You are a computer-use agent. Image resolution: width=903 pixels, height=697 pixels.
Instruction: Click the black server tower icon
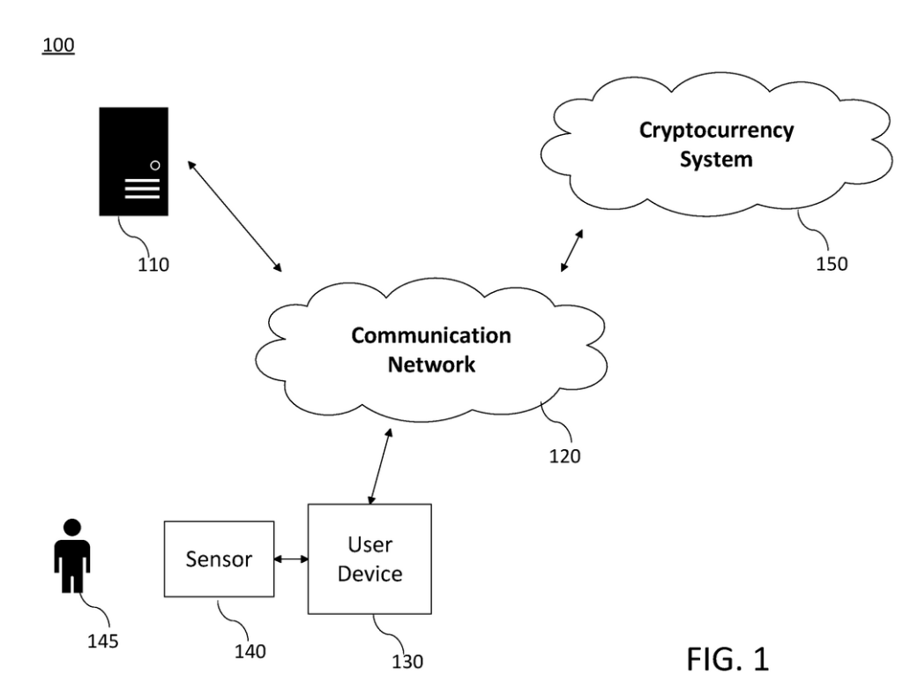point(133,161)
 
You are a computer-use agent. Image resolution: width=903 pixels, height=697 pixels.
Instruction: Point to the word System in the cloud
point(715,160)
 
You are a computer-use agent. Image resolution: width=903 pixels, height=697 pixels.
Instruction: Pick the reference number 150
point(831,264)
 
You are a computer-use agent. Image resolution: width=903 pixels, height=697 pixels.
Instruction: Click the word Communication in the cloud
point(430,336)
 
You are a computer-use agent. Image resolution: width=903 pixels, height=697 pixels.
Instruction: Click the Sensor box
point(219,558)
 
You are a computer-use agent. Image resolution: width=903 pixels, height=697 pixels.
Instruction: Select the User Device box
point(369,558)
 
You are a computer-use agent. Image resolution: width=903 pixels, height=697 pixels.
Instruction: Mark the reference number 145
point(104,639)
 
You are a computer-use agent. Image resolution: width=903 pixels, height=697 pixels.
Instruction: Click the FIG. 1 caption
point(728,658)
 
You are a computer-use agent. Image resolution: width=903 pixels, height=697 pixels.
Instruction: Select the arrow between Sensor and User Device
point(291,558)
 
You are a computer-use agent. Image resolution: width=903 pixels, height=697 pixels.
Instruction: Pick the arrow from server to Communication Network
point(234,215)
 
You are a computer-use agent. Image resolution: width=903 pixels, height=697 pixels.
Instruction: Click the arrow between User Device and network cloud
point(379,468)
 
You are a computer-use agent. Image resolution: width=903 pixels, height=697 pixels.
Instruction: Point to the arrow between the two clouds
point(571,251)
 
